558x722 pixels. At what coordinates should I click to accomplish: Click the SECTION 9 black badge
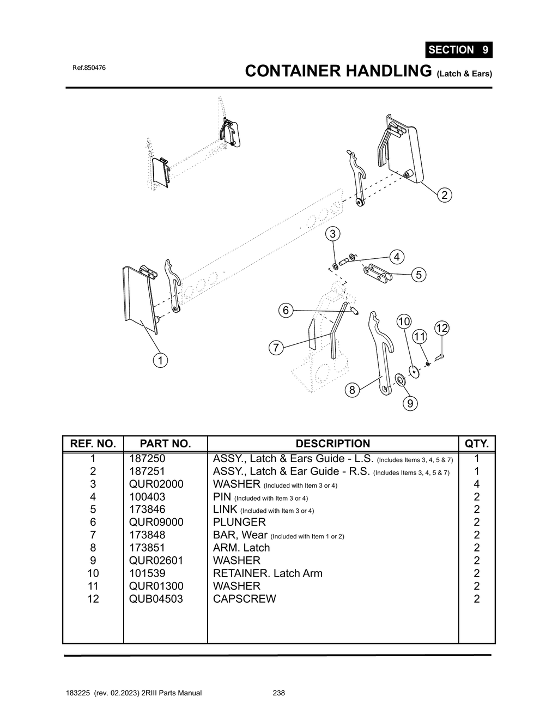pos(459,50)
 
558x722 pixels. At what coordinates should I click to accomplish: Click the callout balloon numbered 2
pos(444,195)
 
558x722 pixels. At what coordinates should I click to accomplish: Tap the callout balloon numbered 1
pos(160,360)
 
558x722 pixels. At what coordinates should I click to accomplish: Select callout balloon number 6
pos(285,311)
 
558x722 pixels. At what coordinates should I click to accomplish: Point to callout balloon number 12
pos(441,328)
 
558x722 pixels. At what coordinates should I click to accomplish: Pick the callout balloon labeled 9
pos(410,403)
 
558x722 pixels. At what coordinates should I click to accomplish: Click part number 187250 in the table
pos(147,459)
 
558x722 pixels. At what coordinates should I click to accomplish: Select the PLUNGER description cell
pos(239,523)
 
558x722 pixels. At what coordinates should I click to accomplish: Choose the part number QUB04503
pos(156,599)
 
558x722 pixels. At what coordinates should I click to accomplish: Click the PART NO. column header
pos(165,444)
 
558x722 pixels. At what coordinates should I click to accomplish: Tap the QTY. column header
pos(476,444)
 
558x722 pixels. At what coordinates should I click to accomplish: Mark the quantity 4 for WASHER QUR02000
pos(476,484)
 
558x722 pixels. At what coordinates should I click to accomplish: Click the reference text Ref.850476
pos(89,68)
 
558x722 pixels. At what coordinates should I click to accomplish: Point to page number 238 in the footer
pos(278,693)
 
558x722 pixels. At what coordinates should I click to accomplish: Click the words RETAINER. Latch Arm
pos(268,573)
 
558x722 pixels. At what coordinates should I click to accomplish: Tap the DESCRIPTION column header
pos(332,444)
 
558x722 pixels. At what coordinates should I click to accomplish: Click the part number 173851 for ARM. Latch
pos(147,548)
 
